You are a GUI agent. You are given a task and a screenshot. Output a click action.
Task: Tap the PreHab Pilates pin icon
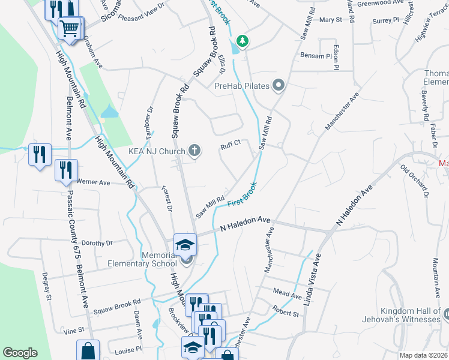[278, 86]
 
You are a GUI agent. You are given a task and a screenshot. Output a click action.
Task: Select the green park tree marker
[243, 41]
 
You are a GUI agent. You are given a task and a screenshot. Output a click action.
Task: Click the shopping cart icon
[70, 27]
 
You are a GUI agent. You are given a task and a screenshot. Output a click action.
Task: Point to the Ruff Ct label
[230, 143]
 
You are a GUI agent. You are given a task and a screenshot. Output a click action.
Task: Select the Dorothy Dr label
[97, 243]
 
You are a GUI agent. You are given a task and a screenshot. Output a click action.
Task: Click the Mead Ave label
[287, 295]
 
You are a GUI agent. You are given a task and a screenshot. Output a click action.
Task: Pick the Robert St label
[285, 313]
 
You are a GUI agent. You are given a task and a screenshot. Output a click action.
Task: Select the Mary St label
[330, 20]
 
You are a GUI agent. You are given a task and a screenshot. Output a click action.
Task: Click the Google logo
[20, 353]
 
